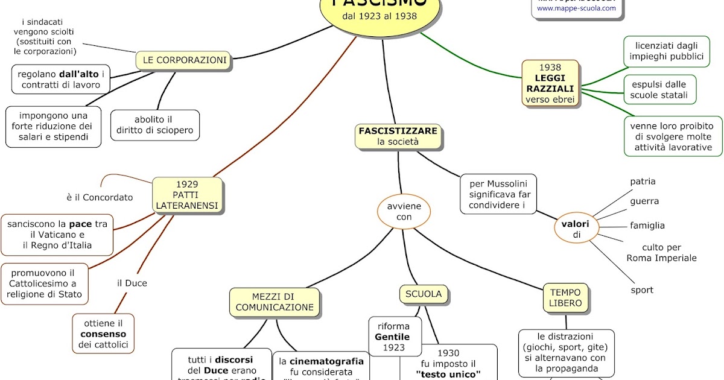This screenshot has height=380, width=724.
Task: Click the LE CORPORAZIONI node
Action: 184,60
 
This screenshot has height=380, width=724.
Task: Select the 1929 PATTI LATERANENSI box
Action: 187,195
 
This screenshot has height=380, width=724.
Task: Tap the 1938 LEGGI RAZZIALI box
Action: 550,83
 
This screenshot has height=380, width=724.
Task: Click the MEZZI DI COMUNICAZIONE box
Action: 275,302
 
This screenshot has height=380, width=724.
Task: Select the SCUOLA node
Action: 424,294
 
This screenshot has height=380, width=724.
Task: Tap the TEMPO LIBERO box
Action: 565,298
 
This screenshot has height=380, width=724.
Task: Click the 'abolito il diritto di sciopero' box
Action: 155,124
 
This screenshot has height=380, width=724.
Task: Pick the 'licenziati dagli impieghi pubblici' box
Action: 665,51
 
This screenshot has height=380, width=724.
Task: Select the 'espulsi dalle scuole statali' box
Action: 659,89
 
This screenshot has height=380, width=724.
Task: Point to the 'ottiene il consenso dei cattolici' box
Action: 104,334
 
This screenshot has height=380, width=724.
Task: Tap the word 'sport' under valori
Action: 642,290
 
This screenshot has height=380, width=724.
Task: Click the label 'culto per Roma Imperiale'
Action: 661,253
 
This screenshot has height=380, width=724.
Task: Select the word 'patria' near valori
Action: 643,182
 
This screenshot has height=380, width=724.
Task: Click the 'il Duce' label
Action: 132,283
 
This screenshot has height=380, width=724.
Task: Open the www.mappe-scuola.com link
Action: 576,8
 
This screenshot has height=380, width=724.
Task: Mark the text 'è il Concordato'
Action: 100,197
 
